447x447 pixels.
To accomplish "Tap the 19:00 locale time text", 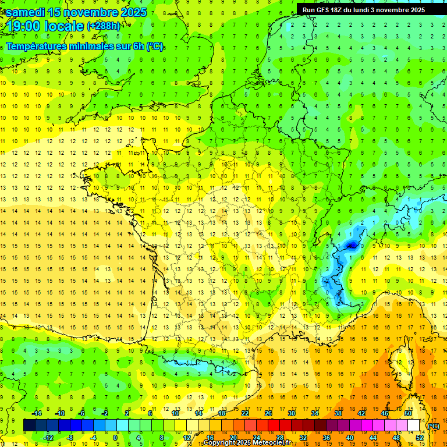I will (x=44, y=26).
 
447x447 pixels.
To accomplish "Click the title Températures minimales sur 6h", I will (x=84, y=46).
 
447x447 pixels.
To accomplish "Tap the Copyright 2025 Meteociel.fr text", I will (x=247, y=443).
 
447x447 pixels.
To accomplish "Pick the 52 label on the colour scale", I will (x=419, y=438).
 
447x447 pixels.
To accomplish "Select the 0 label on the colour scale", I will (x=115, y=438).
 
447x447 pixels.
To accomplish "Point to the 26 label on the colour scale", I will (x=268, y=413).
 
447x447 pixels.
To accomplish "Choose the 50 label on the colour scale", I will (x=408, y=413).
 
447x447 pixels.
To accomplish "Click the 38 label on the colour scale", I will (x=338, y=413).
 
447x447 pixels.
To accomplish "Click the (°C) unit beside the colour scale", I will (x=434, y=425).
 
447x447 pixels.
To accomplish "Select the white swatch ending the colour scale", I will (x=414, y=425).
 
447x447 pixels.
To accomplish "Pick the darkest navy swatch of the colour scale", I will (x=29, y=425).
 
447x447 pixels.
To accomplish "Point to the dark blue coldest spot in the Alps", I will (x=351, y=246).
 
